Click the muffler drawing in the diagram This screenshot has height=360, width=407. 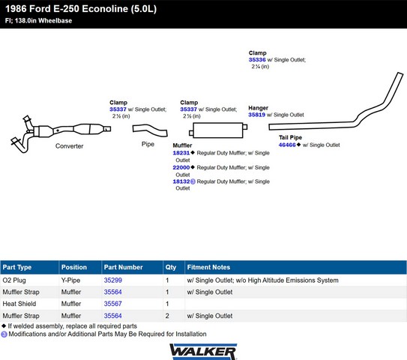218,130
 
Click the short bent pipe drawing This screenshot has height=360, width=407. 150,130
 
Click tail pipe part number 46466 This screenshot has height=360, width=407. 287,145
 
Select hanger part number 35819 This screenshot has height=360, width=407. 256,115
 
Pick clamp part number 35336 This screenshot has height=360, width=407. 257,60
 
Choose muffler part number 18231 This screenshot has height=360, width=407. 181,153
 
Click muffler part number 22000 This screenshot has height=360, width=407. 181,167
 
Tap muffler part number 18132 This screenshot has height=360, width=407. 181,181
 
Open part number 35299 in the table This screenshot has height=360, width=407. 113,280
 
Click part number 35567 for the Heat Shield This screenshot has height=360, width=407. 113,304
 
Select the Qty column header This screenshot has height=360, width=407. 171,267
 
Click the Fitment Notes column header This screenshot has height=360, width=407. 208,267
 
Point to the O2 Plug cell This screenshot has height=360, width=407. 14,280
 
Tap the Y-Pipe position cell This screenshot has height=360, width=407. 70,280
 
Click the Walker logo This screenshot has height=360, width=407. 203,352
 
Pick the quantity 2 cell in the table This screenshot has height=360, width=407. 167,316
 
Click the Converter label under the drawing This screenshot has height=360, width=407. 69,146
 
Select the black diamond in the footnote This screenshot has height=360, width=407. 4,325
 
